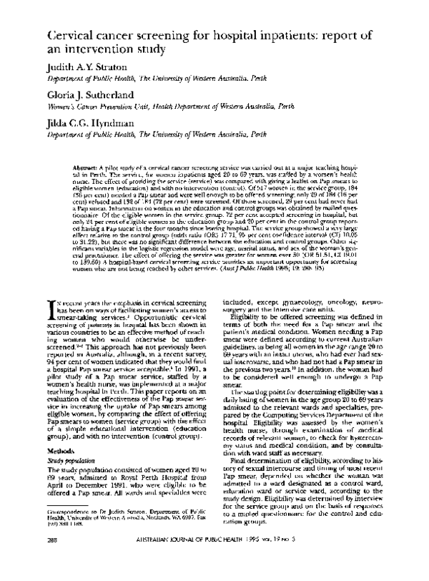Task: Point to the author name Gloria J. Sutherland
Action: click(92, 98)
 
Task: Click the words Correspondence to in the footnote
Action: click(66, 533)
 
